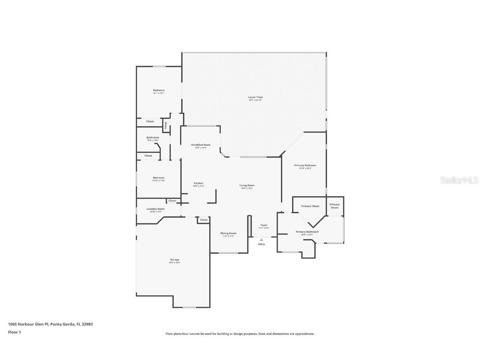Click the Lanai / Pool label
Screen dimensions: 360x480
coord(255,97)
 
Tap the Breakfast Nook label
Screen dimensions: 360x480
coord(201,145)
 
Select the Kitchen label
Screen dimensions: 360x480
coord(198,183)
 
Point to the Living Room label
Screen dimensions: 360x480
coord(247,185)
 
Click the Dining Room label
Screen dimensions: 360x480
coord(228,233)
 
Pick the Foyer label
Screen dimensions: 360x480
coord(264,225)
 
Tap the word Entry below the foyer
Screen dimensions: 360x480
coord(261,244)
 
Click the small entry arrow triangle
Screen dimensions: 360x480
coord(261,240)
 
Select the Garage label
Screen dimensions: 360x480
coord(174,260)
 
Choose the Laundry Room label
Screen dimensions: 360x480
coord(155,209)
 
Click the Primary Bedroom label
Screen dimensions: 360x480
coord(305,165)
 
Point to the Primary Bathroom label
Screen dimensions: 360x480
coord(307,232)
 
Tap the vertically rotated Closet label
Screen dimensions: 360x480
coord(165,125)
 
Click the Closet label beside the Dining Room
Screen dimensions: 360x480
coord(203,220)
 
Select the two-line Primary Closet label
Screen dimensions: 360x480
coord(335,206)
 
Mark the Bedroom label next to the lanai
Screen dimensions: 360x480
coord(158,90)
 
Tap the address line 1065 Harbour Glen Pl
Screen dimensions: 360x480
coord(50,324)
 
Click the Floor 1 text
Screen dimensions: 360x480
coord(14,332)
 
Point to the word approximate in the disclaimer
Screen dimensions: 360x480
coord(304,334)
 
